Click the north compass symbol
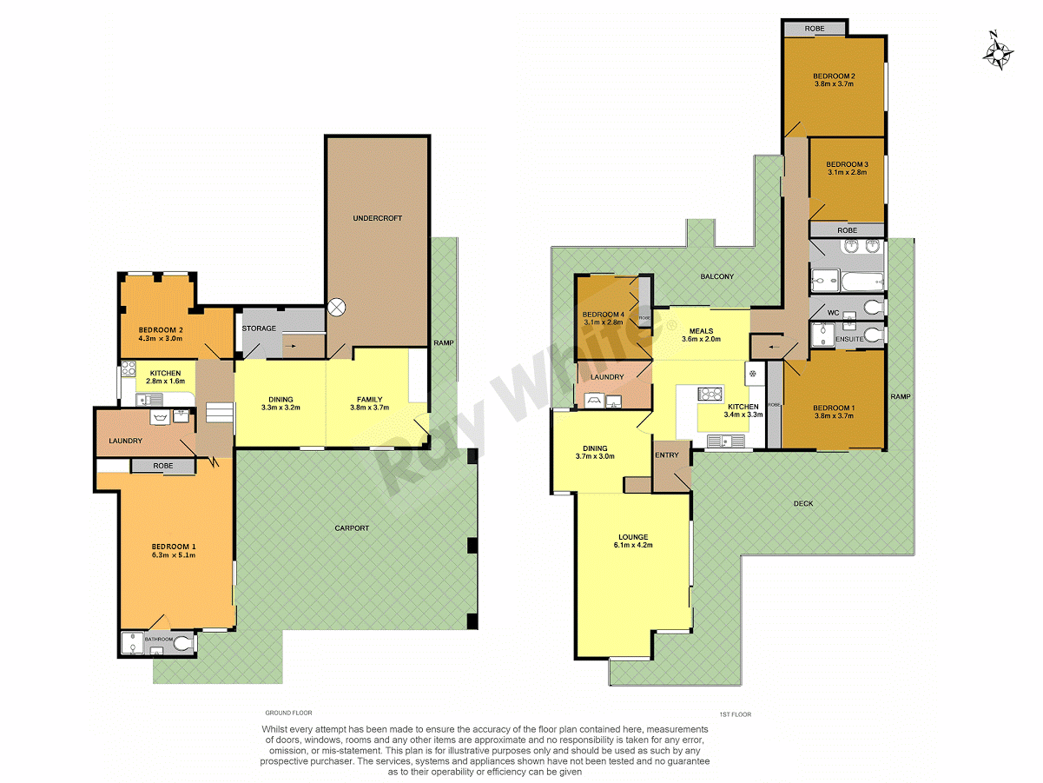pyautogui.click(x=998, y=51)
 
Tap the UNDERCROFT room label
pyautogui.click(x=378, y=218)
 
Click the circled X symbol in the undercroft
pyautogui.click(x=337, y=307)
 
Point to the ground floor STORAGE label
pyautogui.click(x=259, y=328)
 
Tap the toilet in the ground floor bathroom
pyautogui.click(x=183, y=643)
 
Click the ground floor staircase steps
pyautogui.click(x=220, y=415)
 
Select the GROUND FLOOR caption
pyautogui.click(x=288, y=713)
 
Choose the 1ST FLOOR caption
pyautogui.click(x=735, y=714)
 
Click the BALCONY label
pyautogui.click(x=717, y=277)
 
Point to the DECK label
pyautogui.click(x=803, y=504)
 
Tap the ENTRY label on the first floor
pyautogui.click(x=667, y=455)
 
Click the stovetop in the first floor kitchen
pyautogui.click(x=710, y=394)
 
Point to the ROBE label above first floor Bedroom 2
pyautogui.click(x=814, y=29)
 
